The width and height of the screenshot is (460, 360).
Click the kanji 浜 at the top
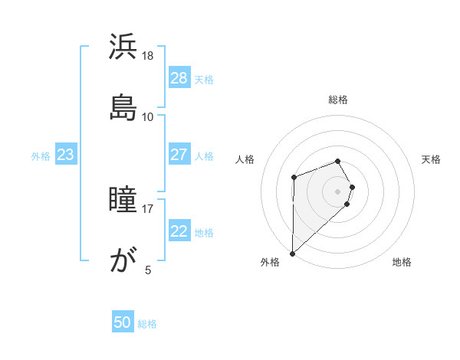click(123, 47)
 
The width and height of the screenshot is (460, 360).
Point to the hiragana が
click(123, 260)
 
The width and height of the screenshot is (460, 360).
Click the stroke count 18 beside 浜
click(148, 56)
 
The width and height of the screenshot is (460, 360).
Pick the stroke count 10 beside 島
click(148, 116)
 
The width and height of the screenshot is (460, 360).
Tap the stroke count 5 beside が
click(148, 270)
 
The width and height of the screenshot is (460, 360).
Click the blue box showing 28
click(179, 78)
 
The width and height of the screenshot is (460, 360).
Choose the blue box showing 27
click(179, 155)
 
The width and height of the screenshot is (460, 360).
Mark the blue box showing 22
click(179, 231)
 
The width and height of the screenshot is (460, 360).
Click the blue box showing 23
click(66, 155)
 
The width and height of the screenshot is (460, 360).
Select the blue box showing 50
click(123, 322)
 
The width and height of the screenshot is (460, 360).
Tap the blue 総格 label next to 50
click(147, 324)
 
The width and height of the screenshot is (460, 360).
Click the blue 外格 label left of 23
click(41, 156)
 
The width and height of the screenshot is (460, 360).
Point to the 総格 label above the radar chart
click(338, 100)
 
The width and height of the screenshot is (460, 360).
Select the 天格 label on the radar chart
click(432, 159)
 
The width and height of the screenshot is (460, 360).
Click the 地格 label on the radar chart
click(402, 262)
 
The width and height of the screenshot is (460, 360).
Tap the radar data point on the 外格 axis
click(292, 253)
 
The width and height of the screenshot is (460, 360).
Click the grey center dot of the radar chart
click(338, 191)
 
